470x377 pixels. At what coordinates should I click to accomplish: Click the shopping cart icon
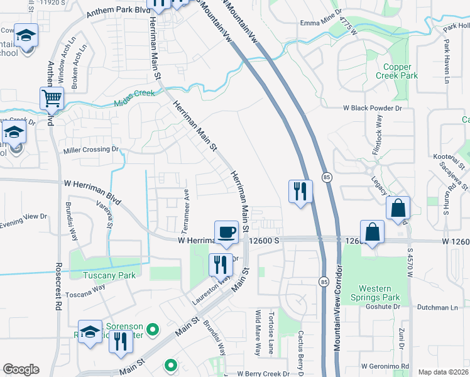pyautogui.click(x=52, y=98)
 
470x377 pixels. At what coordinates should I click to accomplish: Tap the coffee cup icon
pyautogui.click(x=226, y=232)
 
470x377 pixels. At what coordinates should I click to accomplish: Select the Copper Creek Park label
pyautogui.click(x=397, y=71)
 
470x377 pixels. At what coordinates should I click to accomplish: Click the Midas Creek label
pyautogui.click(x=134, y=100)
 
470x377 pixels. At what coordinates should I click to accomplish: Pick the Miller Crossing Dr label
pyautogui.click(x=91, y=150)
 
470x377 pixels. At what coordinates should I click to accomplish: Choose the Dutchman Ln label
pyautogui.click(x=440, y=307)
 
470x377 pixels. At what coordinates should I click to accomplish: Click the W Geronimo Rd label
pyautogui.click(x=385, y=366)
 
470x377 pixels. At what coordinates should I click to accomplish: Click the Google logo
pyautogui.click(x=21, y=369)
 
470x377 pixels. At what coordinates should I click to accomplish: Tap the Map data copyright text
pyautogui.click(x=443, y=371)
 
